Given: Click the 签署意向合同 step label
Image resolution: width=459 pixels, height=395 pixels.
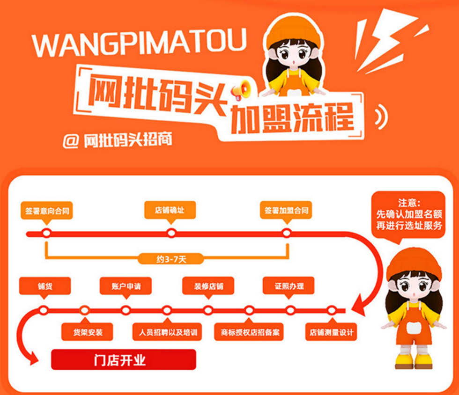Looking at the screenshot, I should coord(48,211).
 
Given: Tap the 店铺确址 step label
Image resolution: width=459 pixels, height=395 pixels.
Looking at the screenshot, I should coord(170,210).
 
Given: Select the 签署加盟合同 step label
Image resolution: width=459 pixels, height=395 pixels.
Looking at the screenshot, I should coord(285,211).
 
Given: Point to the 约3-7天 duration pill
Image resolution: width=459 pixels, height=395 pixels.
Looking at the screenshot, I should coord(171,258).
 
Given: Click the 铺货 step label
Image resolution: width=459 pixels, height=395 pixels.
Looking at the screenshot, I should coord(45,286).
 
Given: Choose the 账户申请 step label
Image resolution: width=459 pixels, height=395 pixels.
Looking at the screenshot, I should coord(126,286).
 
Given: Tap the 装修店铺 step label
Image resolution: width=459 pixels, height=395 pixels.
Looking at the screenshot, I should coord(208,286).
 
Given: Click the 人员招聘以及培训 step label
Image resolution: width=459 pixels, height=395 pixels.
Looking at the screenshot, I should coord(168,333).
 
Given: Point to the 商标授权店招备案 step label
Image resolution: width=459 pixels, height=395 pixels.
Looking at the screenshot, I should coord(250,333).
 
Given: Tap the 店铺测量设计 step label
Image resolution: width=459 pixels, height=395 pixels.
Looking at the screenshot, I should coord(331,333).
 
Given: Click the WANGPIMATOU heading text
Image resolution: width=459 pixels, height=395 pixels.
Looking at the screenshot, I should coord(139,43).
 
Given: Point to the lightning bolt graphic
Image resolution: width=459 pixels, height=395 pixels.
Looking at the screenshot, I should coord(384,42).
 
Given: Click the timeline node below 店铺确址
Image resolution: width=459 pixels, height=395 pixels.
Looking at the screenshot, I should coord(171,233).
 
